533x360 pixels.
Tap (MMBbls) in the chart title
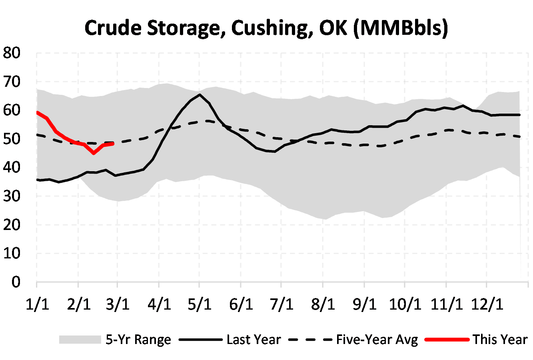[401, 28]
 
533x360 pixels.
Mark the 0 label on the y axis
[16, 282]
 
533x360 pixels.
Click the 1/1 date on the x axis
[37, 304]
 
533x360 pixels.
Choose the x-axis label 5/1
[200, 304]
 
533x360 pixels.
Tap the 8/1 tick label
[323, 304]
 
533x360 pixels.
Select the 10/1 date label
[405, 304]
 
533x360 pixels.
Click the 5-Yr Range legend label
[138, 340]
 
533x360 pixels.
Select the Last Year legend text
[254, 340]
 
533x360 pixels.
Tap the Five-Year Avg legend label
[377, 340]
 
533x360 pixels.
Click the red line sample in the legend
[447, 340]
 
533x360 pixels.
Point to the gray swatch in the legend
[80, 340]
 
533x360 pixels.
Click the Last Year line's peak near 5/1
[200, 95]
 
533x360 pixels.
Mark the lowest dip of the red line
[94, 153]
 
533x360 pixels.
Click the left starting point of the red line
[37, 112]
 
